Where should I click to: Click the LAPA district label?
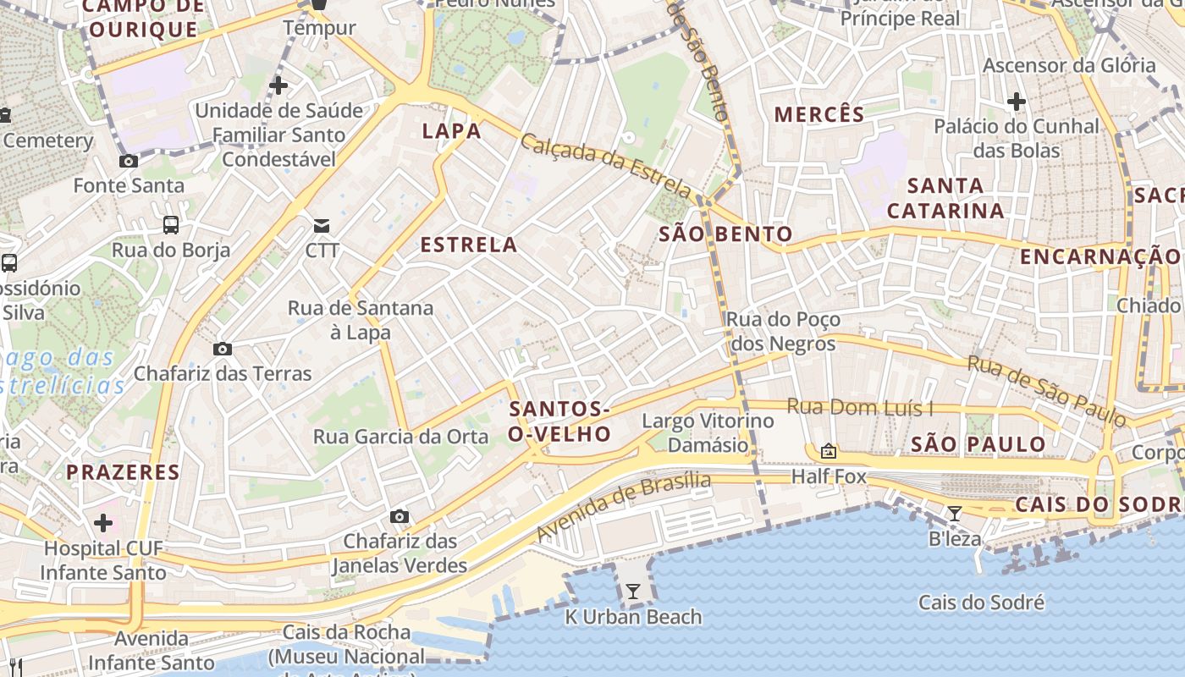tap(451, 131)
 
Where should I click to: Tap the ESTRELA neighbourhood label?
tap(468, 245)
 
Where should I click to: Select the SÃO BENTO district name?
tap(725, 234)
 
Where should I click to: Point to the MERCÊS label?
tap(819, 114)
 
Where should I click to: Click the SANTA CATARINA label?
tap(945, 198)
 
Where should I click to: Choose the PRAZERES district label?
tap(123, 472)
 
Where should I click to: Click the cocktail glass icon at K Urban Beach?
tap(633, 591)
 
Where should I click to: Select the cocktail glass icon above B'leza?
tap(955, 513)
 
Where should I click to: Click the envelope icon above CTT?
tap(322, 226)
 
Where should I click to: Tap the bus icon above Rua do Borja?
tap(171, 225)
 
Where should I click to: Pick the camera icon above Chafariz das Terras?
tap(223, 349)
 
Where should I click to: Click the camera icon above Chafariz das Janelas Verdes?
tap(400, 516)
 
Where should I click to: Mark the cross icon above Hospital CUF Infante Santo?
tap(103, 523)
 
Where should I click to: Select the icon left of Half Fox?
tap(829, 451)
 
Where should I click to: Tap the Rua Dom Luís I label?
tap(860, 408)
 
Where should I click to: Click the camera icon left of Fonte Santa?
tap(129, 161)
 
